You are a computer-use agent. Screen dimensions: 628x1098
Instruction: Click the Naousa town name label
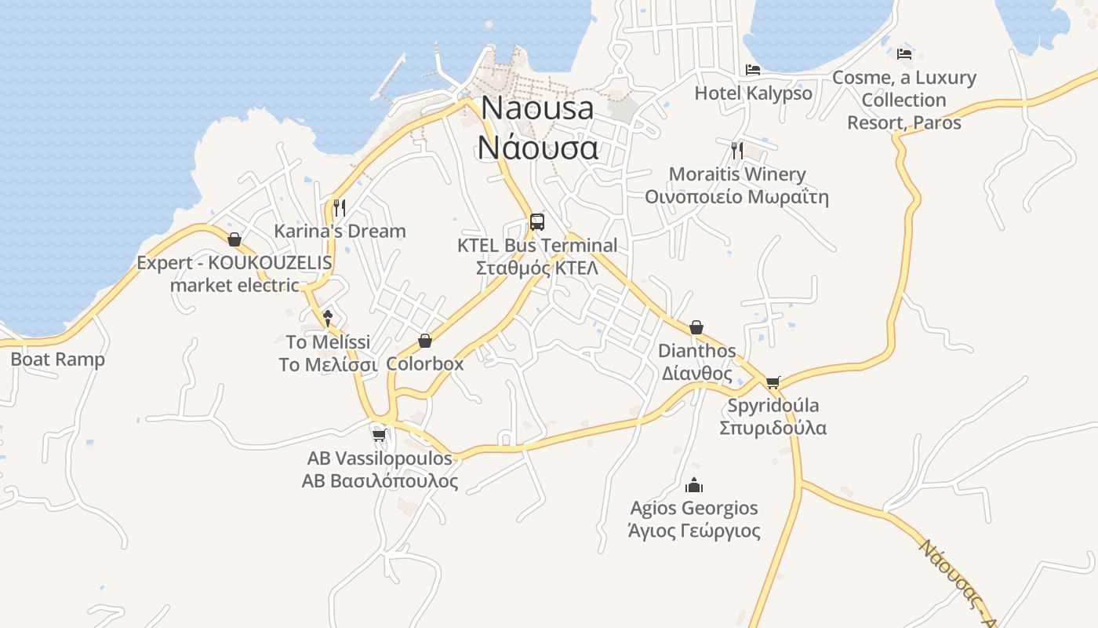coord(538,127)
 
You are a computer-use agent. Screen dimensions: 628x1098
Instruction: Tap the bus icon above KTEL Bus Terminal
coord(537,221)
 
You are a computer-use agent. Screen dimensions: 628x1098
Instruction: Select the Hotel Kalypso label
coord(753,93)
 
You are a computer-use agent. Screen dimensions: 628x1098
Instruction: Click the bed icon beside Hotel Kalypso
coord(753,70)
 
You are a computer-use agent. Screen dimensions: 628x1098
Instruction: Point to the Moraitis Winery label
coord(736,185)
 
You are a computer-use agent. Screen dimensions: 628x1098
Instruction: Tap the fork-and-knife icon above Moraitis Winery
coord(736,150)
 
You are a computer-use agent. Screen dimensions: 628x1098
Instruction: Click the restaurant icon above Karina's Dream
coord(340,208)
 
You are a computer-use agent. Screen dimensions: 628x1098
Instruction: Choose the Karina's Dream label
coord(340,231)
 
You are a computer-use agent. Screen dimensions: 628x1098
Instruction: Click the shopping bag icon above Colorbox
coord(425,341)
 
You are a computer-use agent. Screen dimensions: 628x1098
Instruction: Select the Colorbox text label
coord(425,364)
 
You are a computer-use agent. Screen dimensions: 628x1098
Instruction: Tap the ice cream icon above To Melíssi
coord(328,318)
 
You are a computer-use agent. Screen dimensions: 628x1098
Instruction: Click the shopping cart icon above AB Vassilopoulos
coord(380,435)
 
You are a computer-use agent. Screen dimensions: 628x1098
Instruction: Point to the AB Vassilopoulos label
coord(380,469)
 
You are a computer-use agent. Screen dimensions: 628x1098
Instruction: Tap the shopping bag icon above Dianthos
coord(696,327)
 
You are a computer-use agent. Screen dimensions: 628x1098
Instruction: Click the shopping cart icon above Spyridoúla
coord(773,382)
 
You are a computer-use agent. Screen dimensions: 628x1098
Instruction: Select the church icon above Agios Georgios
coord(694,485)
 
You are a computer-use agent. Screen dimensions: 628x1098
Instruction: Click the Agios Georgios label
coord(694,520)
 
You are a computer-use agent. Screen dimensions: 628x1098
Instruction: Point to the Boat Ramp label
coord(57,360)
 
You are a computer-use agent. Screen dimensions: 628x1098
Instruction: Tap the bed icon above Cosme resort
coord(904,54)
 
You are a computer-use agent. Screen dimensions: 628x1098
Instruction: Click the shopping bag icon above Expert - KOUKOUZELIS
coord(234,239)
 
